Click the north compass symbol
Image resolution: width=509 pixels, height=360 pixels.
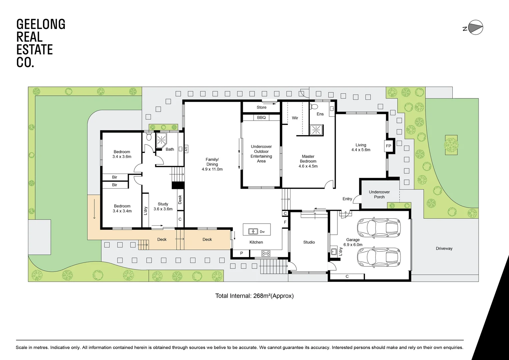coord(475,28)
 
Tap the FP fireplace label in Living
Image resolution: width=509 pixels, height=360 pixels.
coord(388,146)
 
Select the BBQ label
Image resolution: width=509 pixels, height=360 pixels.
coord(261,118)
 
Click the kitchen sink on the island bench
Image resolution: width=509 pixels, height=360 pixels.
coord(253,231)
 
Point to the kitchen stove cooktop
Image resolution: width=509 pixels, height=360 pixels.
coord(266,253)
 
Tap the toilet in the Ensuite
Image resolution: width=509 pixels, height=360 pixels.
coord(314,107)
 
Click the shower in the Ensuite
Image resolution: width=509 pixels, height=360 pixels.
coord(316,130)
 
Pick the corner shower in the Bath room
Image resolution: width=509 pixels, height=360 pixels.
coord(162,139)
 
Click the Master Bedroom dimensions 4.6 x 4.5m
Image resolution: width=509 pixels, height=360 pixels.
coord(308,166)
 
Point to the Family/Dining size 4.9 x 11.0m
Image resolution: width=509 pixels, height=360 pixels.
coord(212,169)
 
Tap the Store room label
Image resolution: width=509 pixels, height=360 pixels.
coord(261,107)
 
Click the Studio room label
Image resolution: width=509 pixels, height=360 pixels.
coord(309,242)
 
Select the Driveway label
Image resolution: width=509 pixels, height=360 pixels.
coord(444,248)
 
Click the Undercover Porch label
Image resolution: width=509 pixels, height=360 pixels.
coord(379,194)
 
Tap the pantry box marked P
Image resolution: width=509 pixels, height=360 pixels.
coord(242,253)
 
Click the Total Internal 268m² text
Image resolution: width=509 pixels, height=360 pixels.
coord(254,296)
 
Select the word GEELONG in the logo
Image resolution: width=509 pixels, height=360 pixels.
coord(41,24)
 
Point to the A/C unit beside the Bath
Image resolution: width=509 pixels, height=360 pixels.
coord(186,149)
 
